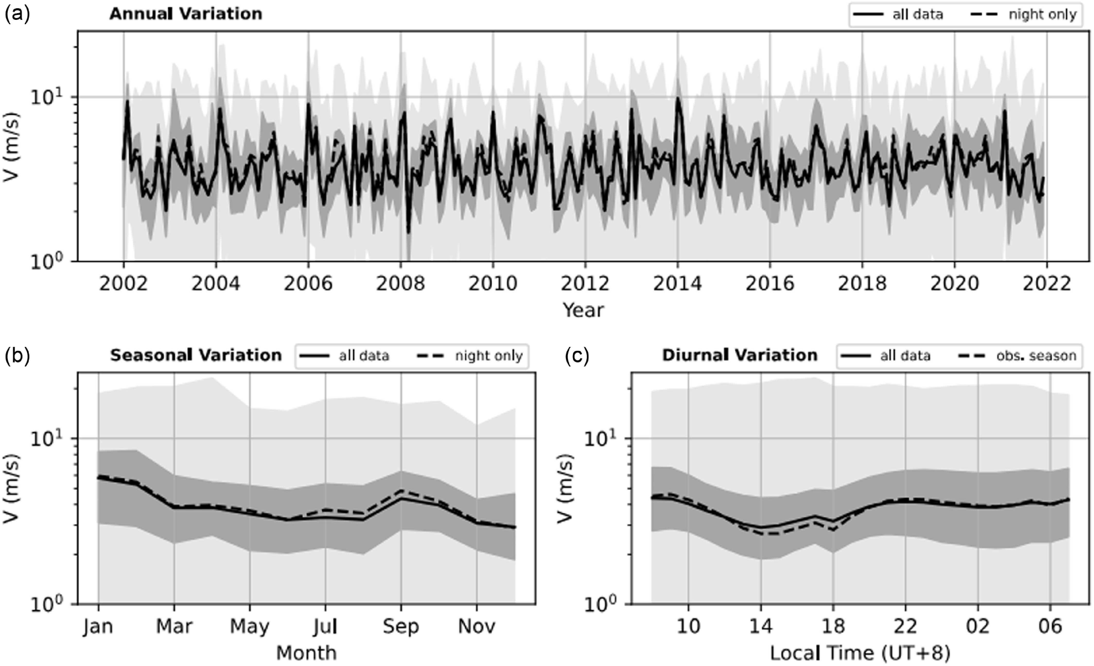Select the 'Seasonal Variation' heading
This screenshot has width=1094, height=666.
196,355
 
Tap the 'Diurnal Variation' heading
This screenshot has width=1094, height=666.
739,355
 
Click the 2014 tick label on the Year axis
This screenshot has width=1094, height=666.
678,284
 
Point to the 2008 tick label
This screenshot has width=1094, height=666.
400,284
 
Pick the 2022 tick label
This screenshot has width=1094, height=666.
1047,284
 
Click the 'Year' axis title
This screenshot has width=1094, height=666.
583,310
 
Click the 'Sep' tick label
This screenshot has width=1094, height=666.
401,626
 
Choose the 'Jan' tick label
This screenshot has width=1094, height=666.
98,626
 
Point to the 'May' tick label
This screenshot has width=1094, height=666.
250,626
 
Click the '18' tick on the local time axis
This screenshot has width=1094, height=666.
833,626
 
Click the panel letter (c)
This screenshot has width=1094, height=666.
577,355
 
